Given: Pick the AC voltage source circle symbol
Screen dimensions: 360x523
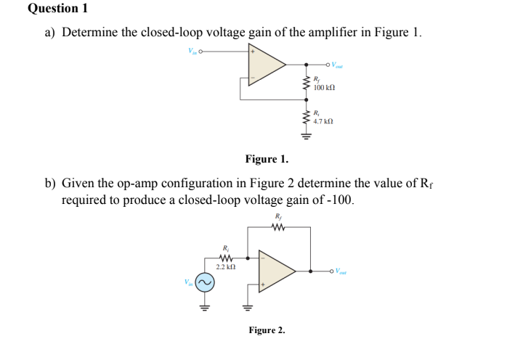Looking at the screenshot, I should (205, 282).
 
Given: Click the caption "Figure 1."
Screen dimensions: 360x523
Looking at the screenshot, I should (266, 158).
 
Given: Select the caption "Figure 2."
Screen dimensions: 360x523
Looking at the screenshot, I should (267, 330).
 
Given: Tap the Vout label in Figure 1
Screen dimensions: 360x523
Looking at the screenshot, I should (338, 65).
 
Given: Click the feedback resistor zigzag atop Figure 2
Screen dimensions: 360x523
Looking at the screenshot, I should (278, 228).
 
